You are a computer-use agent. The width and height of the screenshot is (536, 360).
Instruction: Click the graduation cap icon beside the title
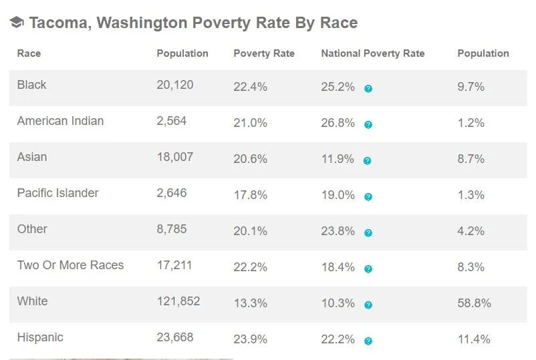(17, 23)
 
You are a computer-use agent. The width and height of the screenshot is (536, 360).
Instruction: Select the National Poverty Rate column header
(372, 53)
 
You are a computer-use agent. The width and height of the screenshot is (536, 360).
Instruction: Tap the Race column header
(29, 53)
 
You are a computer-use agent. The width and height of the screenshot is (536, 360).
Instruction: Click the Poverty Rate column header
(263, 53)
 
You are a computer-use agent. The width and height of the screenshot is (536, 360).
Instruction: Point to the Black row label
(31, 85)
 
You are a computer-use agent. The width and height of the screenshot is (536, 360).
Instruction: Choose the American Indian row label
(60, 121)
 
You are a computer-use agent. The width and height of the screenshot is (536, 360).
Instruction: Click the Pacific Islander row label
(57, 193)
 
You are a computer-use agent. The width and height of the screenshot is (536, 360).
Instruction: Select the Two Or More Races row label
(70, 265)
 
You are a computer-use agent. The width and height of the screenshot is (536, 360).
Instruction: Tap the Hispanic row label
(40, 337)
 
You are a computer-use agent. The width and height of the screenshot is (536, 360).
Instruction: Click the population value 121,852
(178, 301)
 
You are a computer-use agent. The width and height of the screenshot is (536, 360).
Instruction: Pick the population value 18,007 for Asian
(174, 157)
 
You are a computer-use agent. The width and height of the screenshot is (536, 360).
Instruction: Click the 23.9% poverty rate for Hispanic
(250, 339)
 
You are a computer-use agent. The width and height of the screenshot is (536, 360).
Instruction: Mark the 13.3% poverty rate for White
(250, 303)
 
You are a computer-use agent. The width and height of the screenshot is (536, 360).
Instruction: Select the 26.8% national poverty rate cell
(338, 123)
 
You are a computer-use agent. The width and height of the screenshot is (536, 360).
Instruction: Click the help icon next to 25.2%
(368, 88)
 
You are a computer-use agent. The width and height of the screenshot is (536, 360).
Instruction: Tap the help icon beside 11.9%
(368, 160)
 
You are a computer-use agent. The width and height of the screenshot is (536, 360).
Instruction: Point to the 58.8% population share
(474, 303)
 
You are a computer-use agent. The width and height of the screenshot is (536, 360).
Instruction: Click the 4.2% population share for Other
(471, 231)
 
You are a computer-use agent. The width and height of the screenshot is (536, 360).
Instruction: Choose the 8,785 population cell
(171, 229)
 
